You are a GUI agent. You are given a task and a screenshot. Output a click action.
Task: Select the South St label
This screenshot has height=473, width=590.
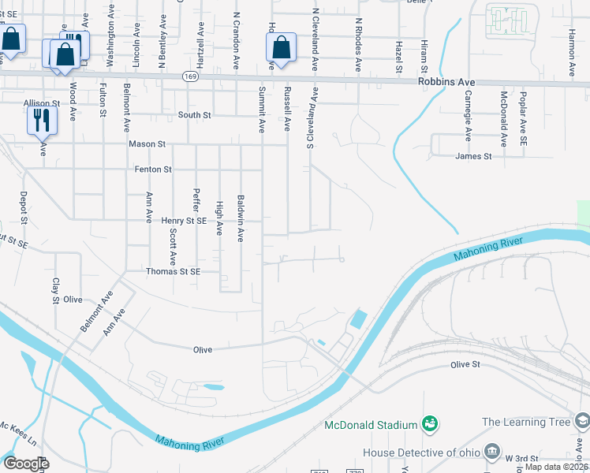[x=194, y=115]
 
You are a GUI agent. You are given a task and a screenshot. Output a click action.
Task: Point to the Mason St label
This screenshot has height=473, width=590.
[x=147, y=144]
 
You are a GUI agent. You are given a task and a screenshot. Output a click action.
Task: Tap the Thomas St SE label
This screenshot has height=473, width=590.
[x=174, y=271]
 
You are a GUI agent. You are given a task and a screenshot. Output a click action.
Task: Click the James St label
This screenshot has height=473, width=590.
[x=473, y=157]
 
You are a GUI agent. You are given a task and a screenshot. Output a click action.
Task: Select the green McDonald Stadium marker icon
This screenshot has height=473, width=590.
[x=429, y=425]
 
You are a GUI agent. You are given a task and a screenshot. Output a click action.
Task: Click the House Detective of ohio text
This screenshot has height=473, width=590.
[x=420, y=453]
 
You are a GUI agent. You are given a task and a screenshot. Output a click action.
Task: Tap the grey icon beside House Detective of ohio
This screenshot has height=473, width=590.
[x=492, y=452]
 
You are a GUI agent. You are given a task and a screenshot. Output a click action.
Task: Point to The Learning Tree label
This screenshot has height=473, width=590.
[x=525, y=423]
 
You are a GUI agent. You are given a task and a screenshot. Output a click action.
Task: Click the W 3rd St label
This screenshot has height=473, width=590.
[x=521, y=457]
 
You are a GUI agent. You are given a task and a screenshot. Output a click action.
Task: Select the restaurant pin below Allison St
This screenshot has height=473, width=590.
[x=40, y=121]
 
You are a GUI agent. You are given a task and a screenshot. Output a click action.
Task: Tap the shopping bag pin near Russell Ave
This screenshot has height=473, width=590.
[x=281, y=47]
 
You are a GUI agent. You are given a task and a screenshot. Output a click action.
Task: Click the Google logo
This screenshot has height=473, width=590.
[x=26, y=463]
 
